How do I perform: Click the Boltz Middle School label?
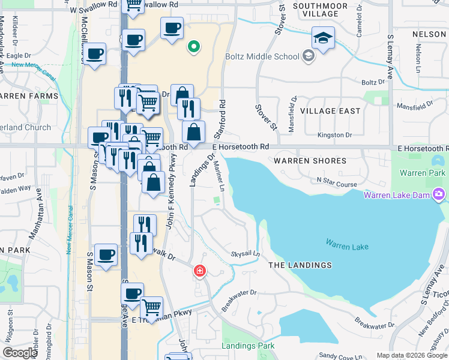(262, 57)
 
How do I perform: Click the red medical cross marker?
(199, 271)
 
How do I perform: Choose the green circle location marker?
(193, 46)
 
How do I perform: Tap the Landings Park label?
(248, 346)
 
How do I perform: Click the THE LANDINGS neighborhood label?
(300, 265)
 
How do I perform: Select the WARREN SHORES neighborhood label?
(310, 161)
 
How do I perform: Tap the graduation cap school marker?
(323, 38)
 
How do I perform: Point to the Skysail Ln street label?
(245, 254)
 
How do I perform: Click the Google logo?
(20, 353)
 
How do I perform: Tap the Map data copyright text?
(412, 355)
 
